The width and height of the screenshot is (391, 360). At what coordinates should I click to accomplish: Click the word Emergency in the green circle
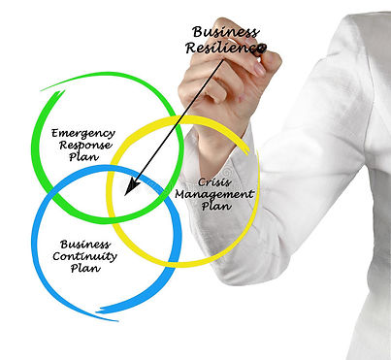(x=82, y=133)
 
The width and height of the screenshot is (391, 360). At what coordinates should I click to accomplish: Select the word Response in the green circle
(x=84, y=145)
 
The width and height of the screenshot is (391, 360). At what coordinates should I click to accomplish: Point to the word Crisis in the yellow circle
(x=212, y=181)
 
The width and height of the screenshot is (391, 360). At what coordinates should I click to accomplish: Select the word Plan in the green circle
(x=84, y=157)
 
